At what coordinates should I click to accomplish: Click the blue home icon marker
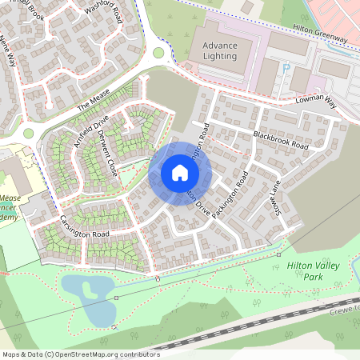coord(179,173)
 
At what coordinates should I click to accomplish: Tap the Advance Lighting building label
coord(220,51)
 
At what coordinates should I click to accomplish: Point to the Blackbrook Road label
coord(280,140)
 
